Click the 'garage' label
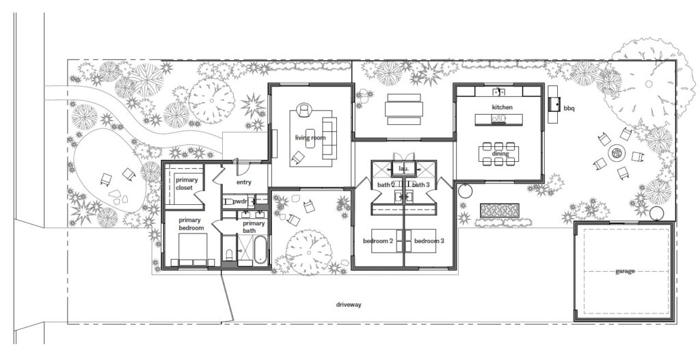click(x=625, y=271)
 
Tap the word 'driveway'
click(x=349, y=305)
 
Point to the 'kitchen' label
click(x=502, y=107)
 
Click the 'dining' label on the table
click(x=500, y=154)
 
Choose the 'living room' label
click(x=310, y=137)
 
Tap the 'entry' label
click(x=244, y=182)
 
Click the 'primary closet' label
click(x=187, y=184)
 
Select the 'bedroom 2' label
click(x=377, y=241)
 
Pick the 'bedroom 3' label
click(x=429, y=241)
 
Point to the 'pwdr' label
click(x=240, y=202)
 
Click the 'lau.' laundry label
click(x=403, y=169)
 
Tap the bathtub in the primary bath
click(x=260, y=251)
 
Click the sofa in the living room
click(x=329, y=137)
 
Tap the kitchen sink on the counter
click(x=498, y=92)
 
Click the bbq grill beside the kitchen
click(x=554, y=105)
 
